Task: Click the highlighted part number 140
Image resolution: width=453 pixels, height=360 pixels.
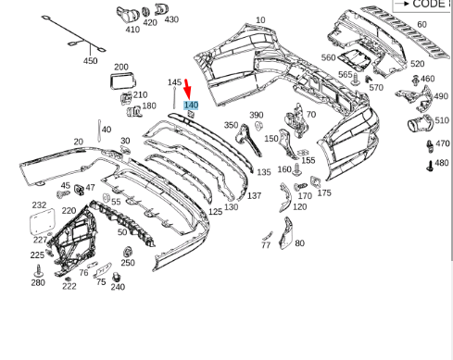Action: point(191,106)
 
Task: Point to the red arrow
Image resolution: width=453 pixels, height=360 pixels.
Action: point(187,89)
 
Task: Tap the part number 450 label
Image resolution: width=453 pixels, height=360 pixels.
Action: point(91,61)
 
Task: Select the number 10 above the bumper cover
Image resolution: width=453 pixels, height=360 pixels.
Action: point(260,20)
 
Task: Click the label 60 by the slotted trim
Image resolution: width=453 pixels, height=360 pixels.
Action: point(422,24)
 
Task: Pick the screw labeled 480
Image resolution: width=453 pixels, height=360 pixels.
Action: point(430,166)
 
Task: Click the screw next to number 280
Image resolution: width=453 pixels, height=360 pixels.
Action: point(39,270)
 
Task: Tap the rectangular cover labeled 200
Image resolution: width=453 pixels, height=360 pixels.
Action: point(122,81)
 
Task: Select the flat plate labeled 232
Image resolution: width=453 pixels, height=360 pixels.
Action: point(43,222)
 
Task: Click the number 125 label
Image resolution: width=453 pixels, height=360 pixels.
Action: point(215,212)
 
